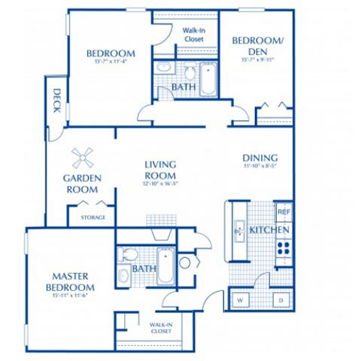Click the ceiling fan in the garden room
pyautogui.click(x=83, y=158)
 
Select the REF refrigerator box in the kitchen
pyautogui.click(x=283, y=212)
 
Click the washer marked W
pyautogui.click(x=241, y=299)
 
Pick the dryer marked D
pyautogui.click(x=281, y=299)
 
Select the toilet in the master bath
pyautogui.click(x=126, y=254)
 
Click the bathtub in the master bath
pyautogui.click(x=165, y=267)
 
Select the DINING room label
pyautogui.click(x=260, y=158)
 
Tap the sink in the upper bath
pyautogui.click(x=165, y=68)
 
